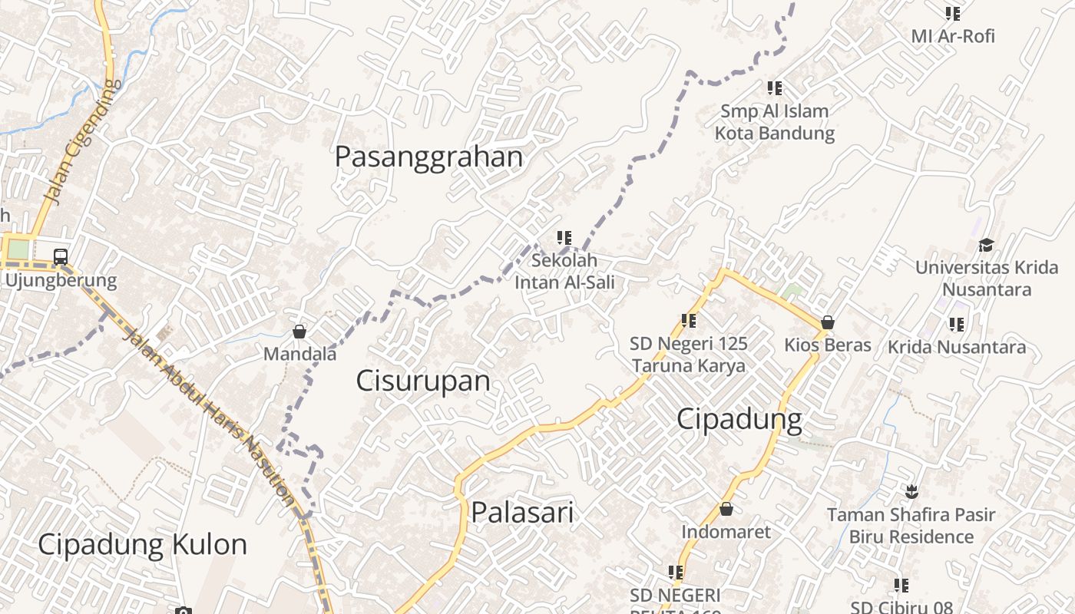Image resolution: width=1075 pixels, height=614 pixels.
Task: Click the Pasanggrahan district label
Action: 428,157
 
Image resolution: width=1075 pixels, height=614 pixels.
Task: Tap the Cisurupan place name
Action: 422,381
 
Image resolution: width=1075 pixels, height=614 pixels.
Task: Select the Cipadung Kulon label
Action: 142,544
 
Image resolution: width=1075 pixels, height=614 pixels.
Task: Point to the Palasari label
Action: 522,512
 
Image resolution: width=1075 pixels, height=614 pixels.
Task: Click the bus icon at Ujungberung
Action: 61,257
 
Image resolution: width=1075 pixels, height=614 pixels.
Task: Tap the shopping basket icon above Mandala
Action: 299,332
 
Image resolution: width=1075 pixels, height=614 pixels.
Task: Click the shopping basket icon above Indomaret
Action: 726,509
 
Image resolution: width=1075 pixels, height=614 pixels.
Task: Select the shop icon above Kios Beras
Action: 827,322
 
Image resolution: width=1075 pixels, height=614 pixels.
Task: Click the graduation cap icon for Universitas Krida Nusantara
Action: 986,245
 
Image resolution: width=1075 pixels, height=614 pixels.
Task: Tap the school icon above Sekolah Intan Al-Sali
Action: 564,238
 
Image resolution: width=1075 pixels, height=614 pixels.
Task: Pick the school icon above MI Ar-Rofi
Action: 953,13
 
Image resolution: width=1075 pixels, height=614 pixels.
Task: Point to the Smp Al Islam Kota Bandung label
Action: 774,122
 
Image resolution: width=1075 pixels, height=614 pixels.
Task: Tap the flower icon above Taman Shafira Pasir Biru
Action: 911,490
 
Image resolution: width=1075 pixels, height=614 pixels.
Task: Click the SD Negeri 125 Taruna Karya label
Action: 689,355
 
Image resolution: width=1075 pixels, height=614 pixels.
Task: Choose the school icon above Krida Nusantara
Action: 956,325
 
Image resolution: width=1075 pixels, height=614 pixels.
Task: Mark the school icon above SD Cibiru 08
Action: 901,586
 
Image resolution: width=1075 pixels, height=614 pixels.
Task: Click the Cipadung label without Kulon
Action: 739,419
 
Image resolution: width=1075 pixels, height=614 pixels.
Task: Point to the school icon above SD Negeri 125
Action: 689,321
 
